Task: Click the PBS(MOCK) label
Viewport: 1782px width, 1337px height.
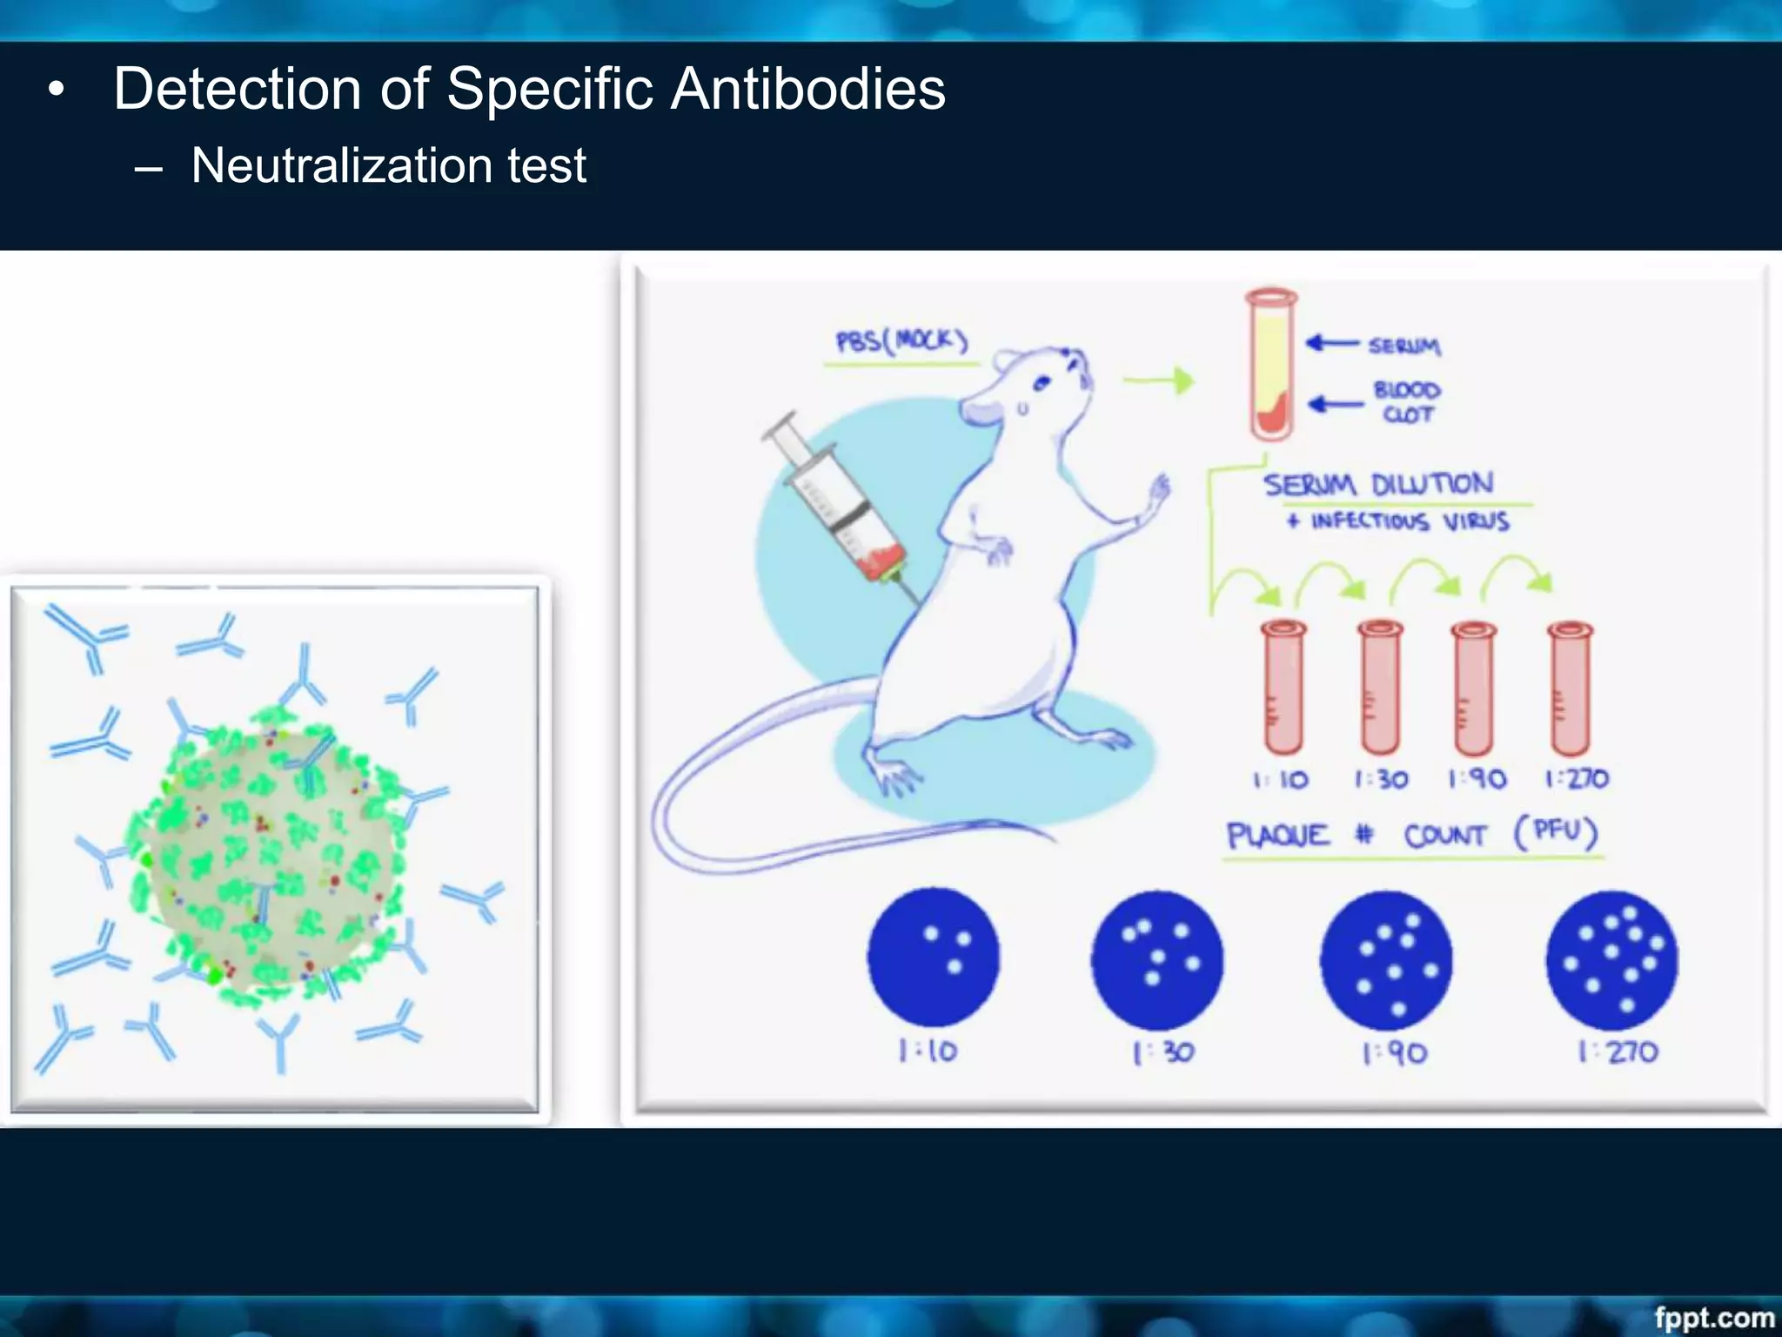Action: pyautogui.click(x=901, y=340)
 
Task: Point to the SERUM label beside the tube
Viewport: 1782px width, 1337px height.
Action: pyautogui.click(x=1403, y=346)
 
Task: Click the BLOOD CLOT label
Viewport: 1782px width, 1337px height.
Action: pyautogui.click(x=1406, y=402)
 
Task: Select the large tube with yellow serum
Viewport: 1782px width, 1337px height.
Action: pyautogui.click(x=1271, y=366)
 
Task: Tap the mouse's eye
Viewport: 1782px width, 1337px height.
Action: pyautogui.click(x=1042, y=382)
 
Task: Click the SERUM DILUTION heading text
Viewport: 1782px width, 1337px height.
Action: pyautogui.click(x=1378, y=484)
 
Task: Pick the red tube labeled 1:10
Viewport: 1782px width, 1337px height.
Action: pyautogui.click(x=1283, y=688)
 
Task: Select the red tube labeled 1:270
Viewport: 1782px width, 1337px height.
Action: pyautogui.click(x=1571, y=688)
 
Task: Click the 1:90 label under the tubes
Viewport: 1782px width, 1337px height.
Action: pyautogui.click(x=1477, y=778)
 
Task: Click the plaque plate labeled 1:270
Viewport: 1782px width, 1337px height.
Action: pyautogui.click(x=1611, y=960)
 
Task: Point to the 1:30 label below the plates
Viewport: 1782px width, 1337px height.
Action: pyautogui.click(x=1163, y=1053)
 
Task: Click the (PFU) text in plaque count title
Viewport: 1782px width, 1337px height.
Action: pyautogui.click(x=1556, y=832)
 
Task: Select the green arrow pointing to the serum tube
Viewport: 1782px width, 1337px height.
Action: pyautogui.click(x=1159, y=380)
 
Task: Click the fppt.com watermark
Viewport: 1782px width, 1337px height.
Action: pyautogui.click(x=1713, y=1317)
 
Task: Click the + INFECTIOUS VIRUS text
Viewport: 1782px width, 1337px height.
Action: pyautogui.click(x=1397, y=521)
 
